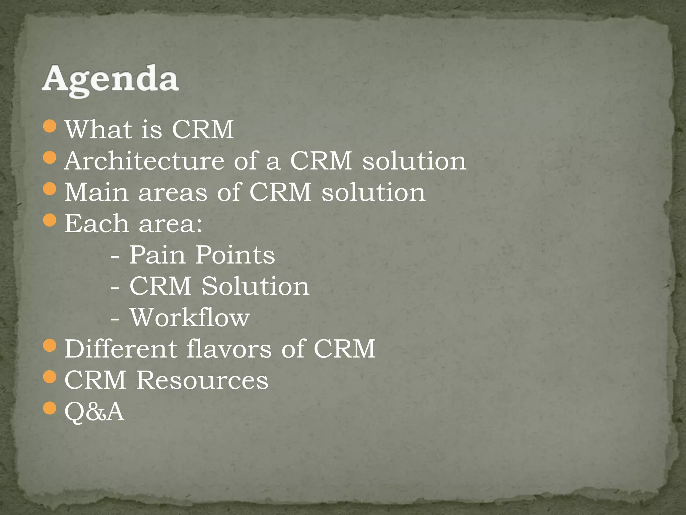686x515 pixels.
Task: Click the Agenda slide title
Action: tap(111, 80)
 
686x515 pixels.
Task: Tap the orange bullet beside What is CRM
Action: tap(50, 126)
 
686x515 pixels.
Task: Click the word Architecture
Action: tap(144, 161)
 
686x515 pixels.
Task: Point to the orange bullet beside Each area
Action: tap(50, 220)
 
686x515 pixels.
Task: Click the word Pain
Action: tap(157, 255)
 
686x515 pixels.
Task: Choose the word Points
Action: tap(235, 255)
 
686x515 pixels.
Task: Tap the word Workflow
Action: tap(190, 318)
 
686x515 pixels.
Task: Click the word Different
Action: tap(121, 349)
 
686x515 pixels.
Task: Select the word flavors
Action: tap(229, 349)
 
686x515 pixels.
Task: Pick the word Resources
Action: tap(202, 380)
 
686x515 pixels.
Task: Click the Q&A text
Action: tap(94, 412)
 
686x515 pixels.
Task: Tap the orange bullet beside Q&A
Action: tap(50, 408)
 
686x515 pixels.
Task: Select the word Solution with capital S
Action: tap(255, 286)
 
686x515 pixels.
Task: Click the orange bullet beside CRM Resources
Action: tap(50, 377)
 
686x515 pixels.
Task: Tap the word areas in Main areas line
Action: tap(173, 193)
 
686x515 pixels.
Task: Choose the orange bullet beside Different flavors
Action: tap(50, 345)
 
